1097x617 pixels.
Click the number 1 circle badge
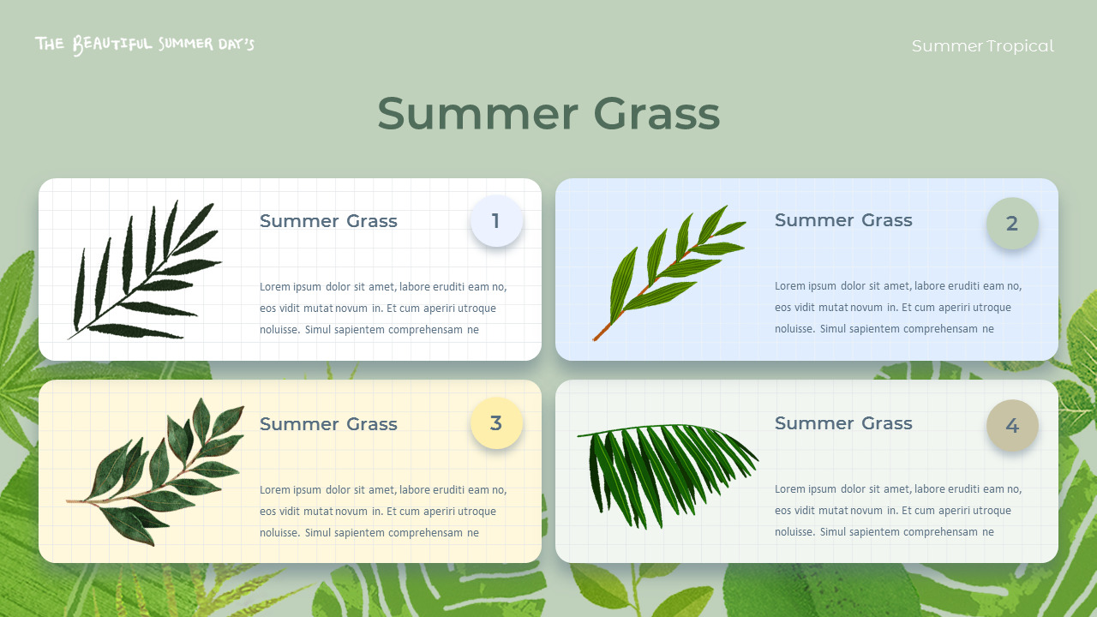[496, 221]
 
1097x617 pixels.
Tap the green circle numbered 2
[1012, 224]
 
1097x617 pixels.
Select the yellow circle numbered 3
[496, 423]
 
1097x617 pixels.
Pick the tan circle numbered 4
[1012, 426]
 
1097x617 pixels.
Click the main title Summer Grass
[548, 113]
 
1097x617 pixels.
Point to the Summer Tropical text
[982, 46]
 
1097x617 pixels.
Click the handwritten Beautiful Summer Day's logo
[145, 44]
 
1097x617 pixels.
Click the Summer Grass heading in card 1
[328, 221]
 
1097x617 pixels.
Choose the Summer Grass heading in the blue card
[843, 220]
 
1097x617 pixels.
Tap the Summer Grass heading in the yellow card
[328, 424]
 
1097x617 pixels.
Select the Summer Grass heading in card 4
[843, 423]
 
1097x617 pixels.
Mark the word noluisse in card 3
[279, 533]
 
